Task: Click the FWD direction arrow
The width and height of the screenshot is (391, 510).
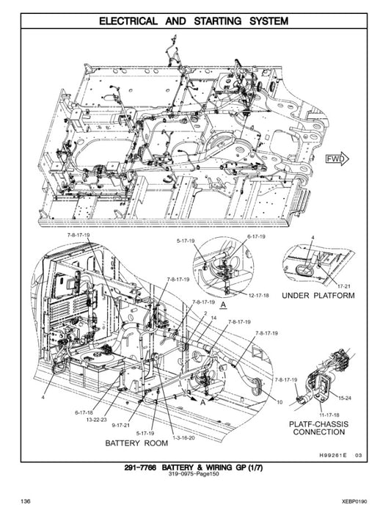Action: pos(336,158)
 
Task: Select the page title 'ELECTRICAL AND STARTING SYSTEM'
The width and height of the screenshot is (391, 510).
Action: pos(195,21)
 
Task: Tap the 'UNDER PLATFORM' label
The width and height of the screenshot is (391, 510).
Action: pos(318,296)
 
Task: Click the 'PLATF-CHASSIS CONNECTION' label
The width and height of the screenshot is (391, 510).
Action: pos(319,428)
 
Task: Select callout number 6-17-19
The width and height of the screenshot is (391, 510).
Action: pos(256,237)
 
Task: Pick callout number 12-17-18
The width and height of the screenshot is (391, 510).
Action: pos(258,294)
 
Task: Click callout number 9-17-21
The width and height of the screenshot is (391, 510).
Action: pos(120,425)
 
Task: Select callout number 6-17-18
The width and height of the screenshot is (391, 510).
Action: pos(86,412)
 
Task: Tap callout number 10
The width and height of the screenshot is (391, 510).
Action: pos(279,401)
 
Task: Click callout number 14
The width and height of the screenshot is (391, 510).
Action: pos(213,318)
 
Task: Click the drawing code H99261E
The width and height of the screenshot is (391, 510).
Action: pos(335,456)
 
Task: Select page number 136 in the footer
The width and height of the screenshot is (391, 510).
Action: pos(26,500)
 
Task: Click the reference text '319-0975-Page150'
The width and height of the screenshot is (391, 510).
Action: pos(195,478)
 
